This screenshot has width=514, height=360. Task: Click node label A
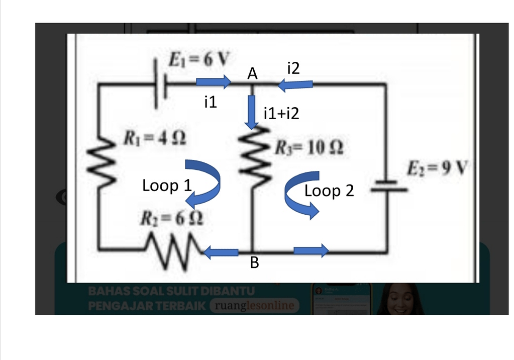click(x=252, y=74)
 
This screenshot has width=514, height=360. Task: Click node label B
click(x=255, y=263)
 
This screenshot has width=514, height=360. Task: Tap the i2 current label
click(x=293, y=68)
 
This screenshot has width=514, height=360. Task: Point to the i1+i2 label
click(x=281, y=114)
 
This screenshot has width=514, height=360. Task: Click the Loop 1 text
click(x=167, y=186)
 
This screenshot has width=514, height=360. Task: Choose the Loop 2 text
click(x=329, y=191)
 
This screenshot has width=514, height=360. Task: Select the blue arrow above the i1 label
click(x=214, y=82)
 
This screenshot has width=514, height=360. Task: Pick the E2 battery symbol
click(x=390, y=186)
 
